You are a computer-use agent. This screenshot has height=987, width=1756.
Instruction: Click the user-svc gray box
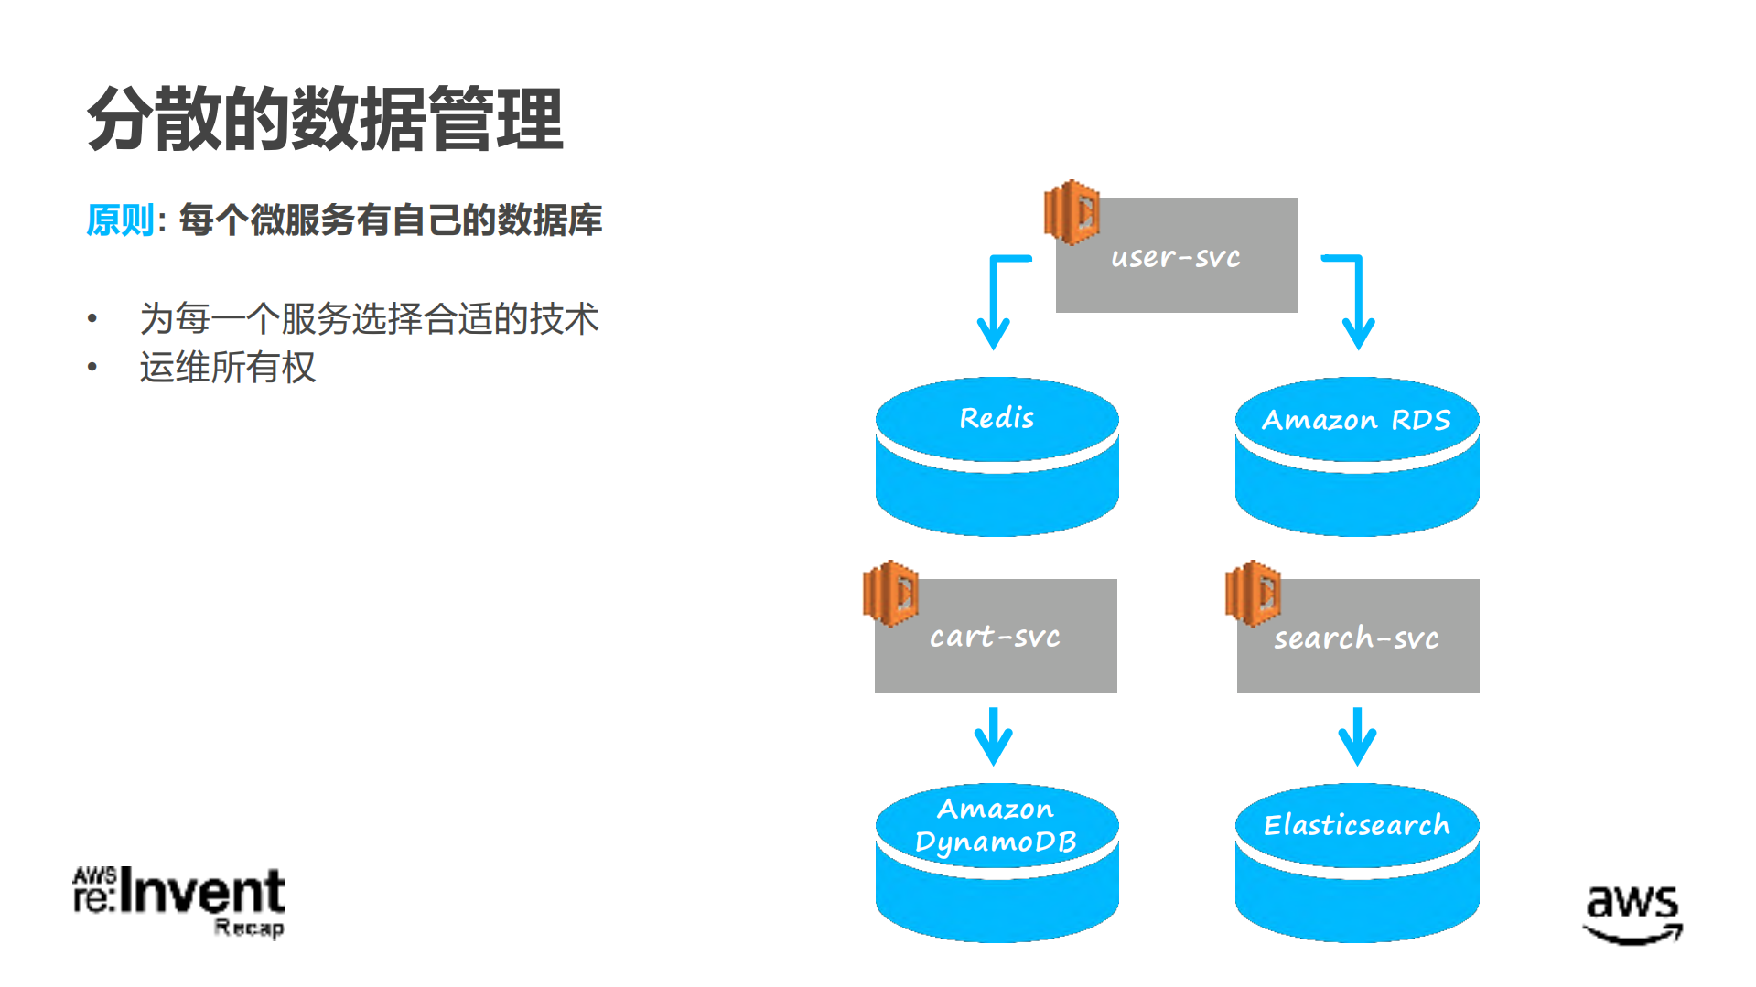coord(1177,256)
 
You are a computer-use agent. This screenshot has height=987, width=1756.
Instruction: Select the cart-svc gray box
coord(996,636)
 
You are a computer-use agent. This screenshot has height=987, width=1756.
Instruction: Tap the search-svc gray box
coord(1358,637)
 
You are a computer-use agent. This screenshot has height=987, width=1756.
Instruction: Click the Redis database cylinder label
coord(997,418)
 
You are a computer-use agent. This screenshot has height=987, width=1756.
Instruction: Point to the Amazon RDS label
coord(1356,420)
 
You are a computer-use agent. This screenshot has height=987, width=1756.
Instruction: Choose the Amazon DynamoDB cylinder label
coord(996,825)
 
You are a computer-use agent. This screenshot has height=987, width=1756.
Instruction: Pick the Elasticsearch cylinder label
coord(1356,825)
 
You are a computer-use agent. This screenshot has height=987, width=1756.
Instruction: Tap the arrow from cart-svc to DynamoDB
coord(994,736)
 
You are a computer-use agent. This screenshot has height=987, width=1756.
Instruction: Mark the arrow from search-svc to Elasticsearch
coord(1357,736)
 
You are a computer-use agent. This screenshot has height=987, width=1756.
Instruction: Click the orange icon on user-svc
coord(1072,212)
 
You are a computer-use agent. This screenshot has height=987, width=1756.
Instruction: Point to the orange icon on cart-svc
coord(890,593)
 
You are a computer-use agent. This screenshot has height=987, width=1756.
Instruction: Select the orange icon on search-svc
coord(1253,593)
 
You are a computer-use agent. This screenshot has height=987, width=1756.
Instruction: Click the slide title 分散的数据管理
coord(325,119)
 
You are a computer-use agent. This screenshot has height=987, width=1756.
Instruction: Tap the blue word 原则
coord(120,220)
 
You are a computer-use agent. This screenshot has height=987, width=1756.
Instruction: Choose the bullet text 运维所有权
coord(227,368)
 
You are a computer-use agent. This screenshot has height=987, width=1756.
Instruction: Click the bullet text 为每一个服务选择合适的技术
coord(369,319)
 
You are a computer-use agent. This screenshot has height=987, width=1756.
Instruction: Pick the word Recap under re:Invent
coord(249,928)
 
